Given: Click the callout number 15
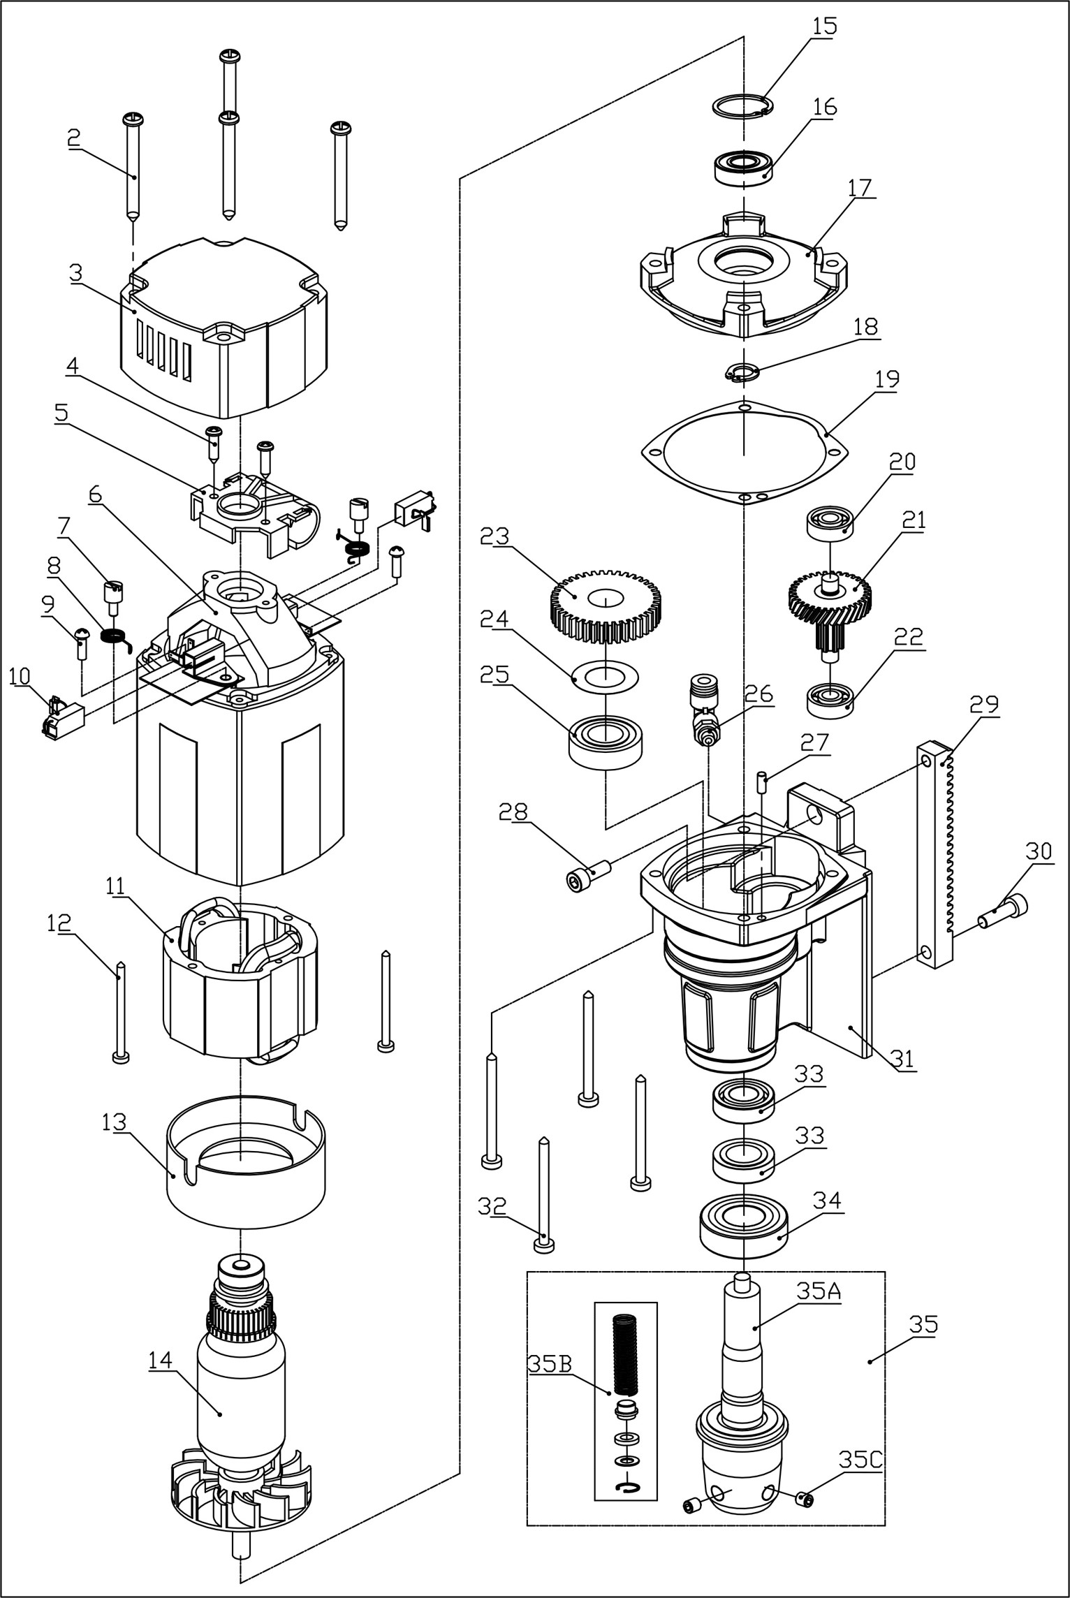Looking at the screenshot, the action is tap(824, 27).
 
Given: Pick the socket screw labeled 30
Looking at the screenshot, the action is tap(1005, 911).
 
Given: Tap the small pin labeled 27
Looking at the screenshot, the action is tap(763, 781).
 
